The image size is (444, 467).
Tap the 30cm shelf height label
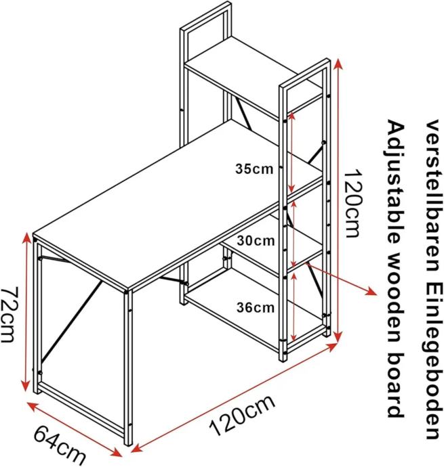[x=255, y=240]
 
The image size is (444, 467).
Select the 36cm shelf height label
[x=255, y=307]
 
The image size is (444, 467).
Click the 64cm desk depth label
[x=60, y=443]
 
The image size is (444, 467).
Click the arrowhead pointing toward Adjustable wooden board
[x=371, y=292]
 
